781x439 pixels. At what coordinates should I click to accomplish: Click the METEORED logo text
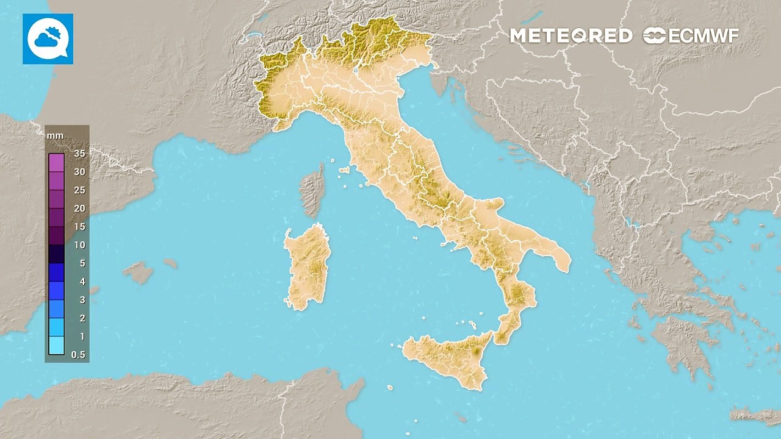[570, 36]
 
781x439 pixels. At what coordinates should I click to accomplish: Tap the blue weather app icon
[48, 39]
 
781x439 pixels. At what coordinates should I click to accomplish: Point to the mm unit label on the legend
[55, 135]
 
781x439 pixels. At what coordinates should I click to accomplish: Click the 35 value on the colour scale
[79, 154]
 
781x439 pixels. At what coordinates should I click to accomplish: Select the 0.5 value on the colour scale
[78, 355]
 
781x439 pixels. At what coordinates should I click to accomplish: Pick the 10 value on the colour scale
[79, 245]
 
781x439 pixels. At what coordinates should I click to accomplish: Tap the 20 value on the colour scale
[79, 209]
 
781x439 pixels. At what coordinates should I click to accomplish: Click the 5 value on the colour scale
[81, 263]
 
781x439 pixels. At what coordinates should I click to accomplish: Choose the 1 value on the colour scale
[81, 337]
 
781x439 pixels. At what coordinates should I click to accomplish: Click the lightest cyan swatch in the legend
[56, 346]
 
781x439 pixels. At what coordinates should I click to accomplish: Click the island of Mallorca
[139, 272]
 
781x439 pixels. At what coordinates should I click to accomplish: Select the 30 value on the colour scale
[79, 172]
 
